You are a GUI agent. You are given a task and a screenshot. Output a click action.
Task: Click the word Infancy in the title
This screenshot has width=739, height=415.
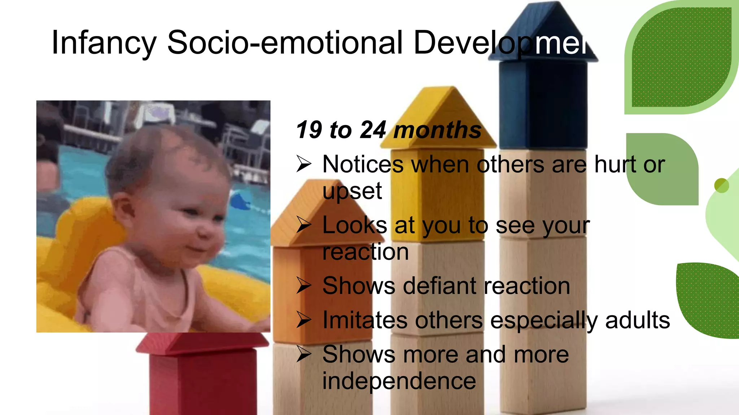tap(104, 43)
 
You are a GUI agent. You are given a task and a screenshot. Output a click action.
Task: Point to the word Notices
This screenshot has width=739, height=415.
tap(363, 164)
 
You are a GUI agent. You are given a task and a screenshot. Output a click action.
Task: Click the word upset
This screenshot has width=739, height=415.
tap(352, 191)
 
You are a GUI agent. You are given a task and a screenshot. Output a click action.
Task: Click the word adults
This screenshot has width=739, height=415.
tap(637, 320)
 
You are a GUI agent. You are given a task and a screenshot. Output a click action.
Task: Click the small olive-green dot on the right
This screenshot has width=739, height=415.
tap(721, 186)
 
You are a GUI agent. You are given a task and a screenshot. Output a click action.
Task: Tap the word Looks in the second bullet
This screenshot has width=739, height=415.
tap(355, 226)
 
